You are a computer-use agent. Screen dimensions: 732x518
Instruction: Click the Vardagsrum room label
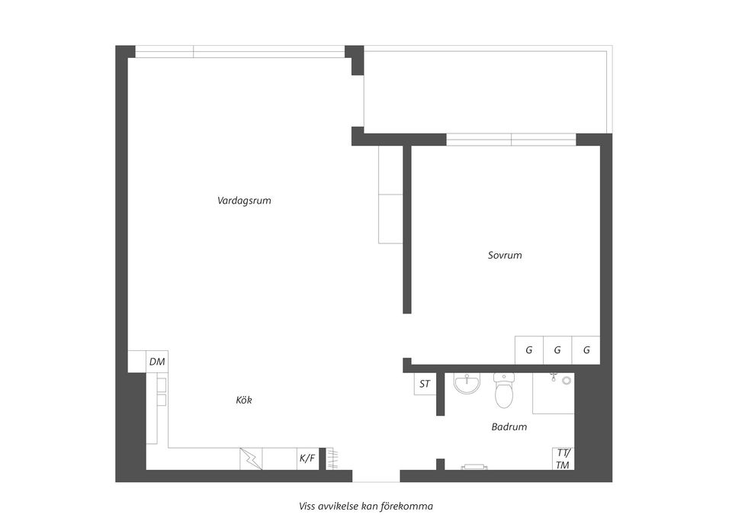pyautogui.click(x=244, y=201)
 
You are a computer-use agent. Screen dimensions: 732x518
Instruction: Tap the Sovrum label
pyautogui.click(x=505, y=255)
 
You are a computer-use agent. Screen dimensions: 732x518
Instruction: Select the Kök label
pyautogui.click(x=244, y=401)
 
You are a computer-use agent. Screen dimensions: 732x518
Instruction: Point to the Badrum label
pyautogui.click(x=509, y=426)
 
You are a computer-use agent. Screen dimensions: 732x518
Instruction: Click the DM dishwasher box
pyautogui.click(x=157, y=362)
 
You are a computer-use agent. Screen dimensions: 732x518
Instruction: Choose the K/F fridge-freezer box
pyautogui.click(x=307, y=458)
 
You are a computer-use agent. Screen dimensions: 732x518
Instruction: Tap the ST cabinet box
pyautogui.click(x=425, y=384)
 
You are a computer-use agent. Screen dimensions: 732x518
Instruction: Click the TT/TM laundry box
pyautogui.click(x=563, y=458)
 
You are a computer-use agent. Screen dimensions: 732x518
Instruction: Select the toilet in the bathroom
pyautogui.click(x=503, y=391)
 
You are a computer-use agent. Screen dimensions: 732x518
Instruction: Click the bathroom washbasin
pyautogui.click(x=467, y=384)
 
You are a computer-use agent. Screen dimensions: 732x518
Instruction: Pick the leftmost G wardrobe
pyautogui.click(x=529, y=350)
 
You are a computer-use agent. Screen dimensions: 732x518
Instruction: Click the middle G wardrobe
pyautogui.click(x=557, y=350)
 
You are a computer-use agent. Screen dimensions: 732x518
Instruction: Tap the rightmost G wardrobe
pyautogui.click(x=586, y=350)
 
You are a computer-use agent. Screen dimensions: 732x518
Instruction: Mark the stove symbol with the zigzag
pyautogui.click(x=251, y=458)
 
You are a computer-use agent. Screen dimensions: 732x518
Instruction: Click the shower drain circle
pyautogui.click(x=567, y=381)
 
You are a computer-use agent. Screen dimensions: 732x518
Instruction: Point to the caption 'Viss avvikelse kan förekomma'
pyautogui.click(x=366, y=507)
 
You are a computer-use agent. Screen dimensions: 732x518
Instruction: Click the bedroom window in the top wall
pyautogui.click(x=511, y=139)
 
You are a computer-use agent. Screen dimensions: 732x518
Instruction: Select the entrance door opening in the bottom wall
pyautogui.click(x=376, y=475)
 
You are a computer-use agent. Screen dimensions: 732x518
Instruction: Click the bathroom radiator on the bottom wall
pyautogui.click(x=474, y=467)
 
